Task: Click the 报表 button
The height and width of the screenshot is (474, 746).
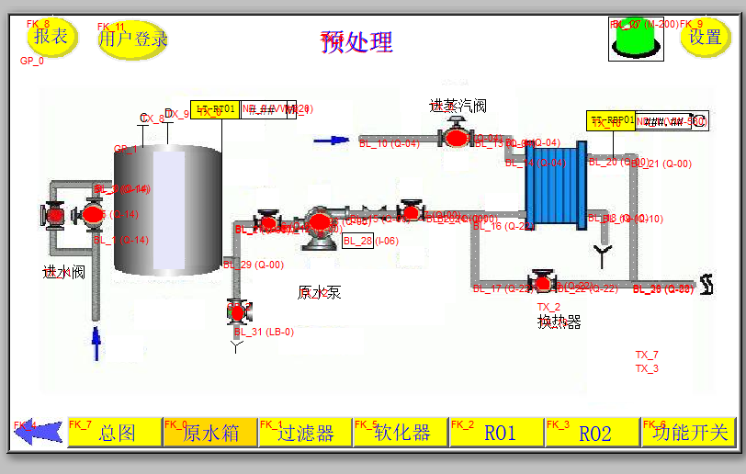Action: coord(51,38)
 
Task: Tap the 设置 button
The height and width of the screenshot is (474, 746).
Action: coord(705,38)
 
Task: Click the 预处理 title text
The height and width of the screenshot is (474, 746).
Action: coord(356,42)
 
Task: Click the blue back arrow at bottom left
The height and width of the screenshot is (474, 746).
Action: coord(40,433)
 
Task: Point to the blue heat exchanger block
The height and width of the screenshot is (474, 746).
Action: coord(555,186)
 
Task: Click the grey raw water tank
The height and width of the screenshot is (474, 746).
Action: coord(167,211)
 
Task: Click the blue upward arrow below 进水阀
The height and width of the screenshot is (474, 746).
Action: coord(95,344)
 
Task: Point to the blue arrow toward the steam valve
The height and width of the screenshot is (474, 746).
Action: coord(332,141)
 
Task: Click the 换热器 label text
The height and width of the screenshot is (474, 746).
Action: coord(559,322)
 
